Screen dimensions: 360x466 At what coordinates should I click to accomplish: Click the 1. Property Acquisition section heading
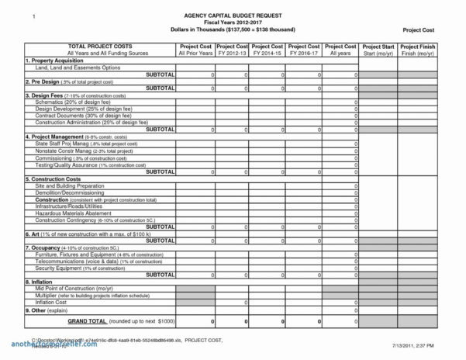57,61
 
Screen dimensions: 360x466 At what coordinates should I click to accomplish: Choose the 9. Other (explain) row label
50,310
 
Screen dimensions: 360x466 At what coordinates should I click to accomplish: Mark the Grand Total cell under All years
341,321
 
